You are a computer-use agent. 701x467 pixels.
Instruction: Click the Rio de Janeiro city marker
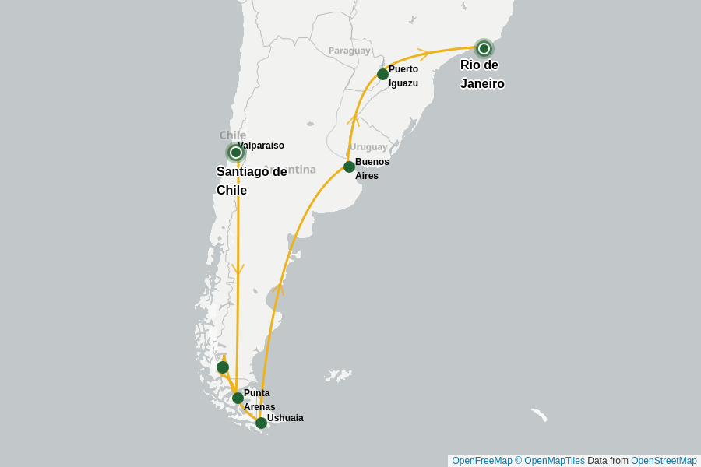(484, 48)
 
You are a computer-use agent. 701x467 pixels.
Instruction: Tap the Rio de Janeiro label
(482, 75)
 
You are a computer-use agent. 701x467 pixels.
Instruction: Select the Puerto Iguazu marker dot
(382, 74)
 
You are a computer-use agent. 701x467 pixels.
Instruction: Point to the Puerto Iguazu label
(403, 76)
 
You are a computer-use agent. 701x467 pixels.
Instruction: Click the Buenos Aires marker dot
(349, 167)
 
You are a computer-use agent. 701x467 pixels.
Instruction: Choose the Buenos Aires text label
(372, 169)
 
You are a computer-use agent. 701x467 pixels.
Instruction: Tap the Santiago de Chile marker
(236, 153)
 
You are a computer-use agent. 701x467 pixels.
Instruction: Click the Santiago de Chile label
(251, 181)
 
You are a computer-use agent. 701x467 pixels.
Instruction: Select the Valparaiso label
(261, 146)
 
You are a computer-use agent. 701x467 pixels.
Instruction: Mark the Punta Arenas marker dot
(238, 398)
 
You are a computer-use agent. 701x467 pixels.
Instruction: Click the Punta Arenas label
(258, 400)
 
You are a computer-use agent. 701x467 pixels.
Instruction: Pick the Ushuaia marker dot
(261, 423)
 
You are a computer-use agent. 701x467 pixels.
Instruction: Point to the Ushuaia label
(285, 418)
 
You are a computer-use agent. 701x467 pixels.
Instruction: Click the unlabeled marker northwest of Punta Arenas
(223, 367)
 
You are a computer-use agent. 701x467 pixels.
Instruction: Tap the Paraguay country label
(349, 51)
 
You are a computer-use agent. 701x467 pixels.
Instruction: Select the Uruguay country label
(368, 146)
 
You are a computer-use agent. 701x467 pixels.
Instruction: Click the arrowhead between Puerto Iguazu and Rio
(424, 54)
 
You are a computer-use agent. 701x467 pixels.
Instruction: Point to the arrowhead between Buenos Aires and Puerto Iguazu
(353, 119)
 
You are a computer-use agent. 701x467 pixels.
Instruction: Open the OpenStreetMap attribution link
(664, 461)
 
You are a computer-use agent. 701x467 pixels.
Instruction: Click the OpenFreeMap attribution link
(482, 461)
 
